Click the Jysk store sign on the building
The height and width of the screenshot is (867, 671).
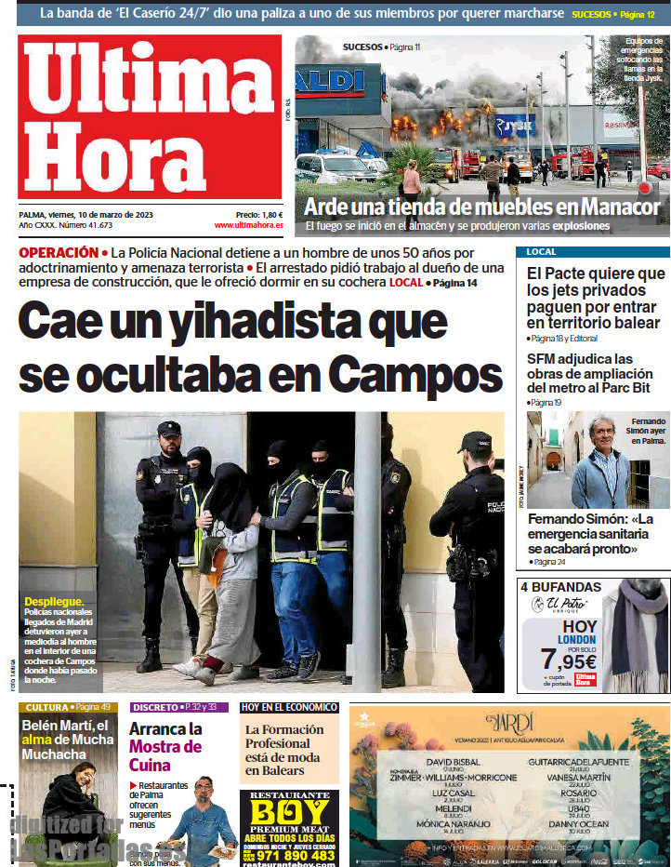(x=514, y=124)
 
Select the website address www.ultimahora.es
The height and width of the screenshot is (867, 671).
(x=248, y=225)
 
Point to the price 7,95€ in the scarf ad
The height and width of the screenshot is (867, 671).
(x=567, y=660)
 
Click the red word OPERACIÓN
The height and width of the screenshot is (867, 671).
(x=58, y=252)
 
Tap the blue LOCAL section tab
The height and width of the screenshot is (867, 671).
(x=541, y=252)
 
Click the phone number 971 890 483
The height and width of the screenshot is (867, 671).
(x=296, y=855)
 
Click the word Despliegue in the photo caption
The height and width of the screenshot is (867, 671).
(x=54, y=602)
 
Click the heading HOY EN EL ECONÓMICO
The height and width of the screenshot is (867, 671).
(x=289, y=707)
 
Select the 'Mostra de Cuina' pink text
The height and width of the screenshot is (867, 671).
(x=164, y=755)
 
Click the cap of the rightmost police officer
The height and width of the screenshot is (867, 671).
(x=476, y=438)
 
